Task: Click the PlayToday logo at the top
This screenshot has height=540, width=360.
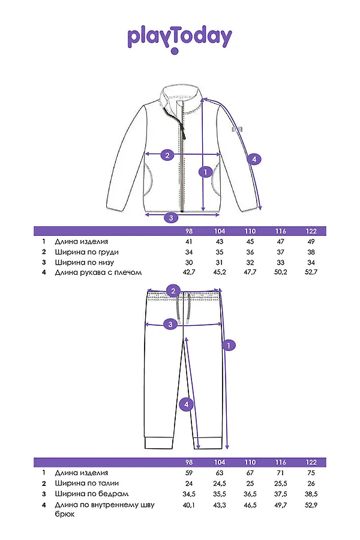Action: click(x=179, y=37)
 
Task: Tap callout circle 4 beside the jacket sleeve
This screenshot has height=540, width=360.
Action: click(x=254, y=159)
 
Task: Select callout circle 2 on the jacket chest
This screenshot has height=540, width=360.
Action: click(x=167, y=155)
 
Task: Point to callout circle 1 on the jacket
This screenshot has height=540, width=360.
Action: click(x=205, y=172)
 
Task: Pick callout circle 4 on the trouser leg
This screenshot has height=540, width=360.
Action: click(x=187, y=404)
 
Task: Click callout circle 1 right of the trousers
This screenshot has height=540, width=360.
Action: click(x=227, y=345)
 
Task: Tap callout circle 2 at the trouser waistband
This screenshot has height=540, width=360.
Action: click(x=173, y=292)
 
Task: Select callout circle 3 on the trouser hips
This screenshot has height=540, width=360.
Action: click(x=170, y=325)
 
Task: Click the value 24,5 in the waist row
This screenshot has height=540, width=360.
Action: click(x=220, y=483)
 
